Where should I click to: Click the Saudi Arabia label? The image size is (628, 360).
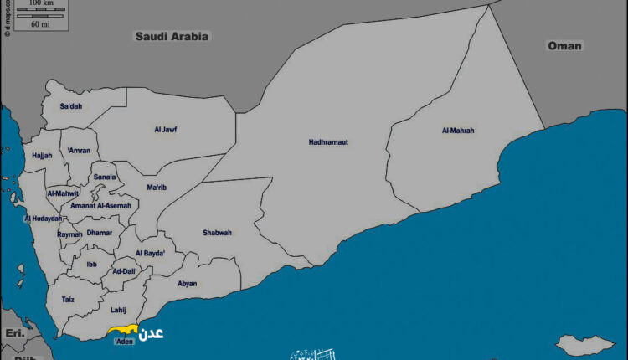172,37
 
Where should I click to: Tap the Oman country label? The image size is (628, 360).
564,46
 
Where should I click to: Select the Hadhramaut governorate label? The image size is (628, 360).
328,142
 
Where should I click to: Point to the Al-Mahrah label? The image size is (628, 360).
458,131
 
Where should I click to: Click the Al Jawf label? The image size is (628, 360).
165,129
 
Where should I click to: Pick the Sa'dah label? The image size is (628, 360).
72,106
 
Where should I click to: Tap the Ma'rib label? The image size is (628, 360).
157,188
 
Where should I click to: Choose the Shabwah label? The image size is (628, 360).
217,233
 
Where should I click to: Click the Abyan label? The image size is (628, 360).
188,283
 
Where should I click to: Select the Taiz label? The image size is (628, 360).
68,299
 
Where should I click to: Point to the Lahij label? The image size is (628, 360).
118,310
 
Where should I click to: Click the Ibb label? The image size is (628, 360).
91,264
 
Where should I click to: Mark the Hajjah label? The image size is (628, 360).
42,155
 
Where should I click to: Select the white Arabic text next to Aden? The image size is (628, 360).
151,332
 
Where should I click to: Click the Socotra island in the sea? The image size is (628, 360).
581,344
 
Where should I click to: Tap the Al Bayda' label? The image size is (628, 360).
150,253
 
